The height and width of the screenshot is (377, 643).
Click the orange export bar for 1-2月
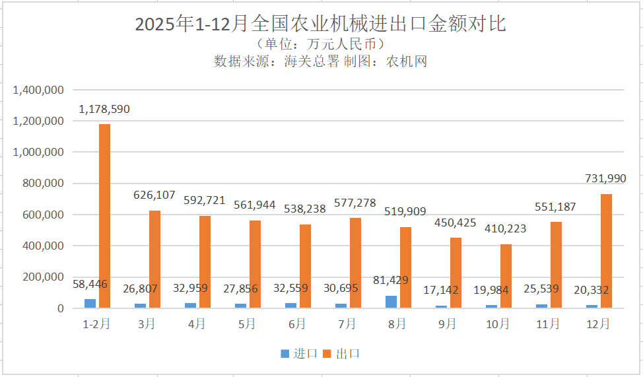click(104, 216)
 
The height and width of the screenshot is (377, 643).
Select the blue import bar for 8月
click(391, 302)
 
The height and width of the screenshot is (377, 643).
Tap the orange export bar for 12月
click(606, 251)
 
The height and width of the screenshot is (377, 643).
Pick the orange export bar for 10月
click(506, 276)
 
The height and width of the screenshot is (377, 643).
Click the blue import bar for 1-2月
click(90, 304)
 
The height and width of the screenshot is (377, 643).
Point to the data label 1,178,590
click(104, 109)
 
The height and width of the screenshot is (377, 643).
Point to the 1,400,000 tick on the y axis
click(38, 90)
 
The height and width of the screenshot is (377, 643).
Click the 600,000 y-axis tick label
click(42, 215)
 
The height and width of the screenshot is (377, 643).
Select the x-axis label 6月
click(297, 324)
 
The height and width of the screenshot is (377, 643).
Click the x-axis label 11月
click(548, 324)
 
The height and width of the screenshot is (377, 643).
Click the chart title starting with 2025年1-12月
click(321, 24)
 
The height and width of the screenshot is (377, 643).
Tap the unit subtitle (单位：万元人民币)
click(321, 45)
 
